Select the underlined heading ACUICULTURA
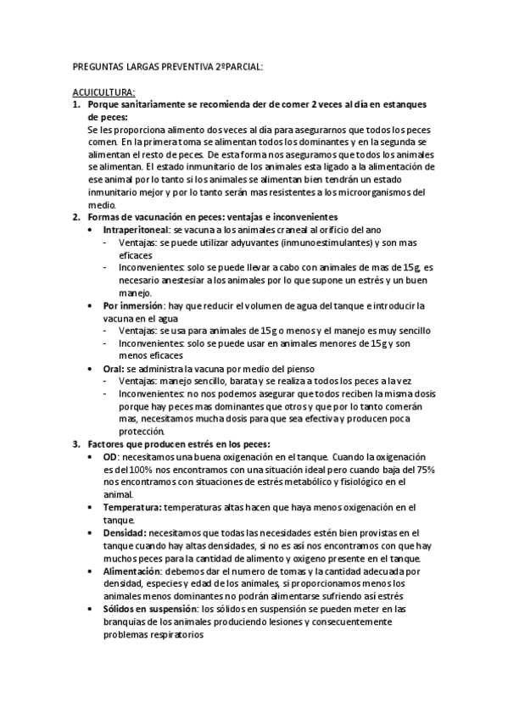pyautogui.click(x=103, y=92)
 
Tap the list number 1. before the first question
pyautogui.click(x=76, y=104)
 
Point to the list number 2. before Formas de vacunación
pyautogui.click(x=76, y=218)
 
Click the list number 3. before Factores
pyautogui.click(x=76, y=443)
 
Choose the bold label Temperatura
pyautogui.click(x=132, y=506)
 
